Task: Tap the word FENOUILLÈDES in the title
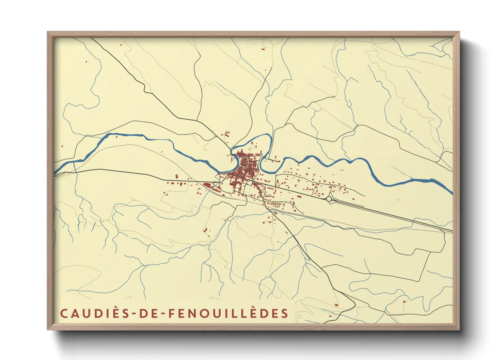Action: pos(229,313)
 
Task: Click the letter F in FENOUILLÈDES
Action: pos(172,313)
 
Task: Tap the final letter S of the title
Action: pos(285,313)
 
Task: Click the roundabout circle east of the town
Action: pos(329,199)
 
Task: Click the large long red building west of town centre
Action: pos(207,185)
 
